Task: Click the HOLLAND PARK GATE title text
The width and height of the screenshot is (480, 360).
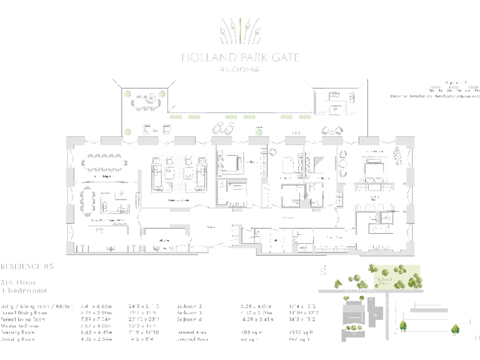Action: tap(240, 57)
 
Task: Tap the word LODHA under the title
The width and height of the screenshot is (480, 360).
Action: tap(243, 69)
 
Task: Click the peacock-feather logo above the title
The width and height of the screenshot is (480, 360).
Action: tap(240, 31)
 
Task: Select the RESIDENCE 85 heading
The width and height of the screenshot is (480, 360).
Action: tap(27, 267)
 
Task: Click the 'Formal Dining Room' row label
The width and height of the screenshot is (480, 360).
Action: tap(26, 312)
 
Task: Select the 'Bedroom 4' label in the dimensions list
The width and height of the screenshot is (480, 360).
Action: tap(191, 319)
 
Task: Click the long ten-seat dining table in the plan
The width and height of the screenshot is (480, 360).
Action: tap(105, 162)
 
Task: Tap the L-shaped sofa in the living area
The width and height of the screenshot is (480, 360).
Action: tap(114, 201)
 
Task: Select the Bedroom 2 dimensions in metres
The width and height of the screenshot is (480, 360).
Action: tap(253, 306)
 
